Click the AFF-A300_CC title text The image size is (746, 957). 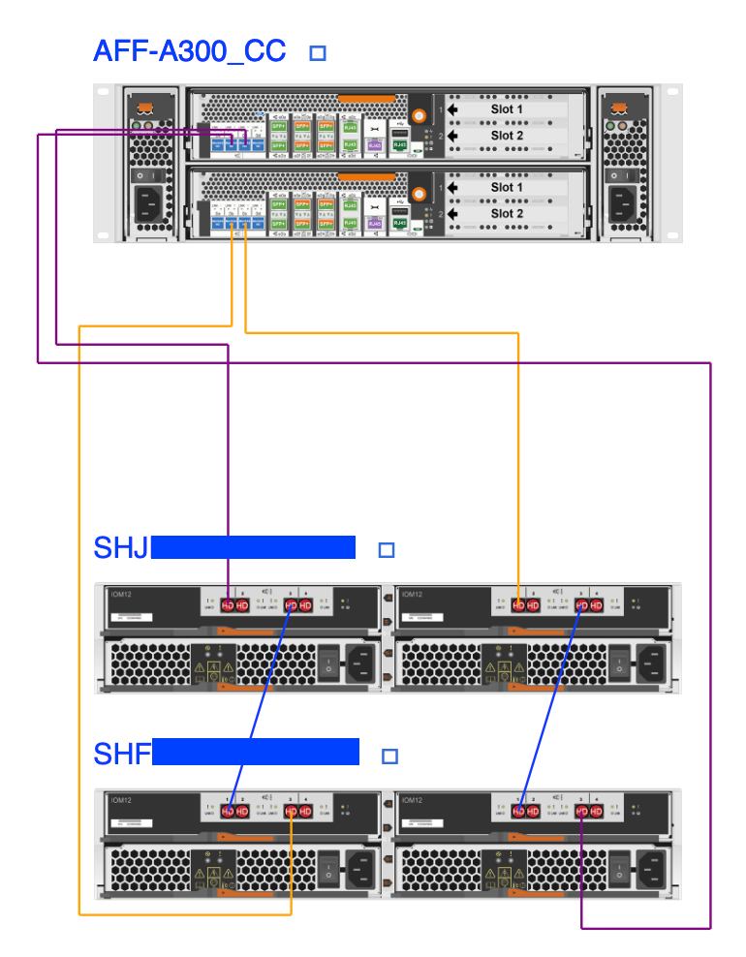[x=190, y=51]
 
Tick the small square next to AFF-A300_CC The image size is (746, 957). [x=317, y=53]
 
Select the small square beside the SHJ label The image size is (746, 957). [x=387, y=550]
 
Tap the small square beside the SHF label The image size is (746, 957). [x=390, y=756]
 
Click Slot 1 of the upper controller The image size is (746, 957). [x=507, y=109]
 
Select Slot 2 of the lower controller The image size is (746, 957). [x=507, y=213]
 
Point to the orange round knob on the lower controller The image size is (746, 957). [x=420, y=192]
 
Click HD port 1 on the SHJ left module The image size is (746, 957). [x=229, y=605]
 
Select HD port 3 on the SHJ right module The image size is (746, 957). [x=582, y=605]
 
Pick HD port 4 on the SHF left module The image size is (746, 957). [x=306, y=810]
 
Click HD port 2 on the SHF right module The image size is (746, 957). [x=534, y=810]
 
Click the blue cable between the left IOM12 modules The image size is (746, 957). [x=260, y=707]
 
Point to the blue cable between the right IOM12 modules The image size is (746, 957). [x=551, y=707]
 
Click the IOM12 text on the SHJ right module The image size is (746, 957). [x=413, y=595]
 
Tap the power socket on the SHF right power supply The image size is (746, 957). [x=648, y=866]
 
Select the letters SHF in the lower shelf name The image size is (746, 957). [x=122, y=754]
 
